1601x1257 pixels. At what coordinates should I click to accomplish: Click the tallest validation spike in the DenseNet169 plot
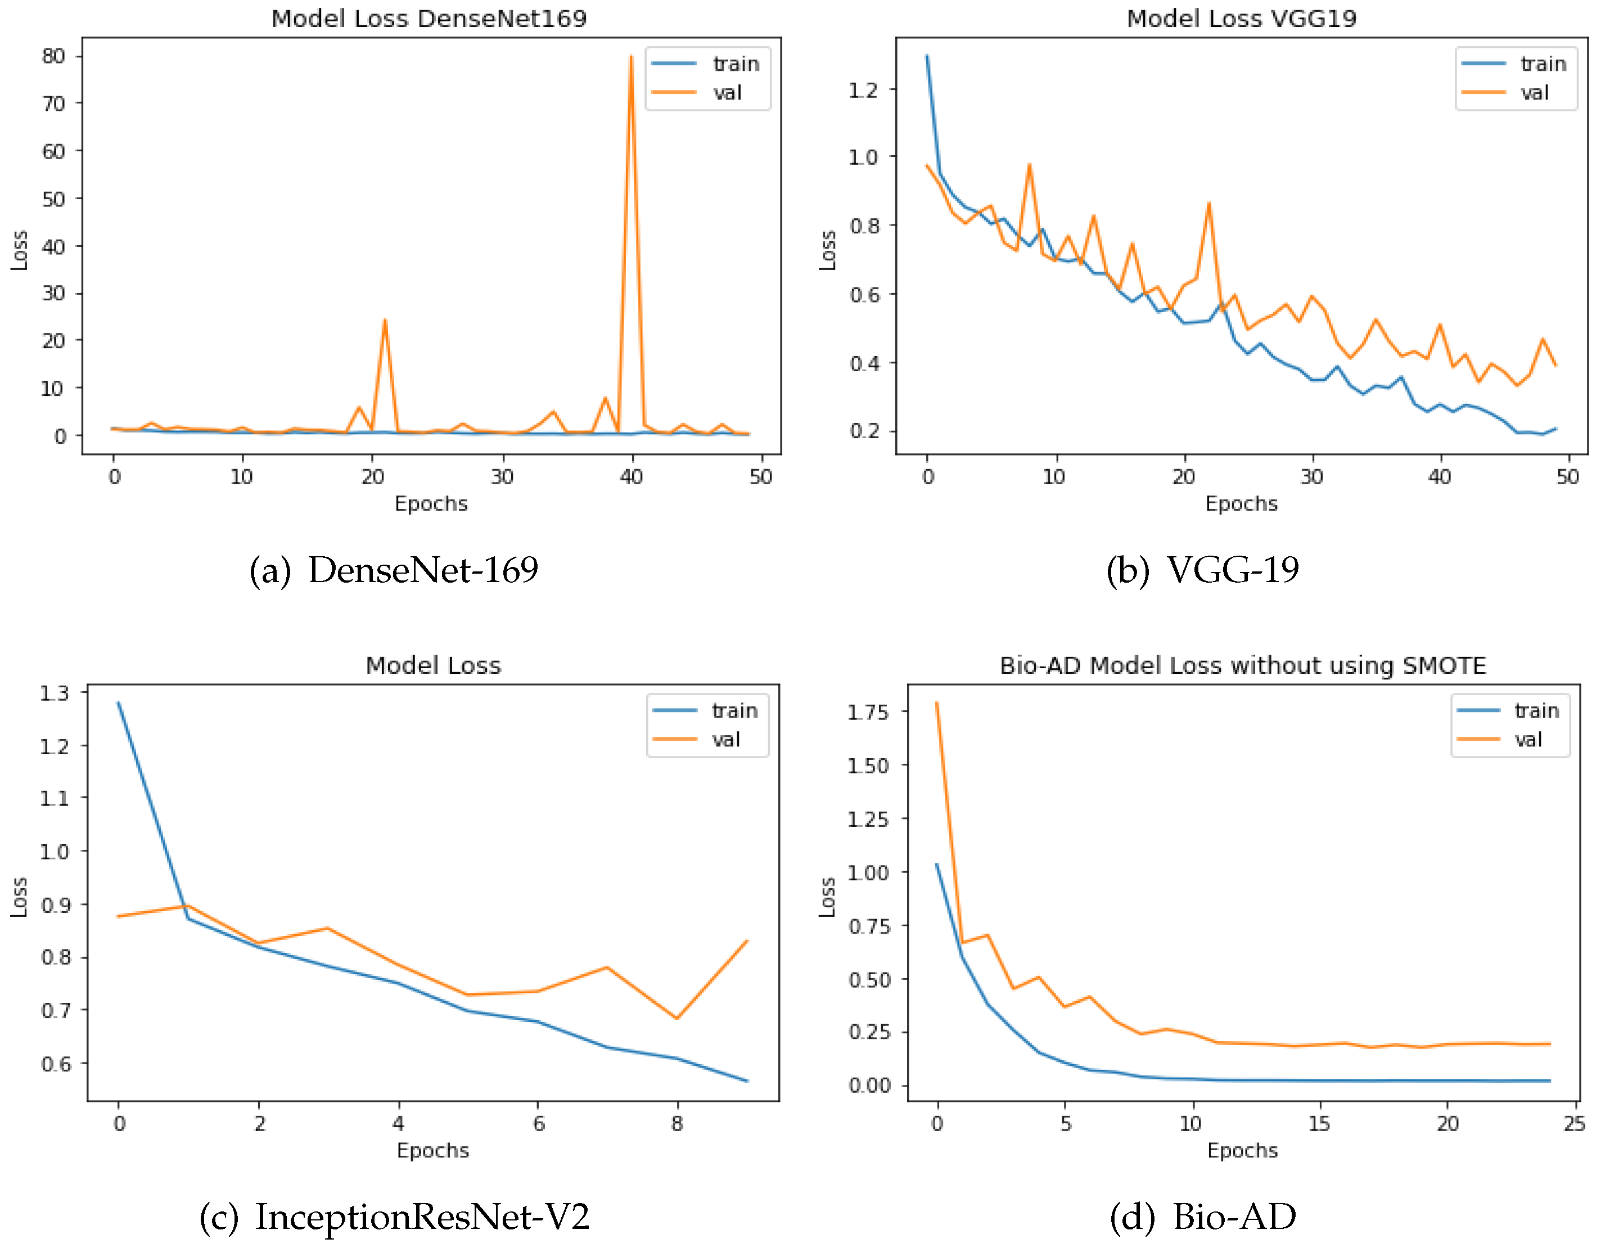pos(630,57)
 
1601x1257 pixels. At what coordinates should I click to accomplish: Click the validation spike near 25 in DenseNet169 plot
pos(385,321)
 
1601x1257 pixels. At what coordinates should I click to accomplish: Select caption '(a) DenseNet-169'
pos(394,570)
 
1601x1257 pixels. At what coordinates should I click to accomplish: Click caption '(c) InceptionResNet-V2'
pos(394,1217)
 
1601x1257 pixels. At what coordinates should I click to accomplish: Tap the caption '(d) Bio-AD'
pos(1202,1217)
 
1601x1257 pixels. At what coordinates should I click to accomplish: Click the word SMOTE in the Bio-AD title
pos(1444,665)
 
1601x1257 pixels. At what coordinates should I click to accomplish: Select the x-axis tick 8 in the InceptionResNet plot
pos(677,1123)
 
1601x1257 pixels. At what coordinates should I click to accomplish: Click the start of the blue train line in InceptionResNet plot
pos(119,703)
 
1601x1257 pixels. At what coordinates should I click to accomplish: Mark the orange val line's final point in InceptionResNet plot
pos(747,941)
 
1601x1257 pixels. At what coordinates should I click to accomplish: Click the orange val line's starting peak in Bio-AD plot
pos(937,703)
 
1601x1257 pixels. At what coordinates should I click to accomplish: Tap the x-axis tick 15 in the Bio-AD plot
pos(1319,1123)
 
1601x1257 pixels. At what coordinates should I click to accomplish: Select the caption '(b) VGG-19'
pos(1202,570)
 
